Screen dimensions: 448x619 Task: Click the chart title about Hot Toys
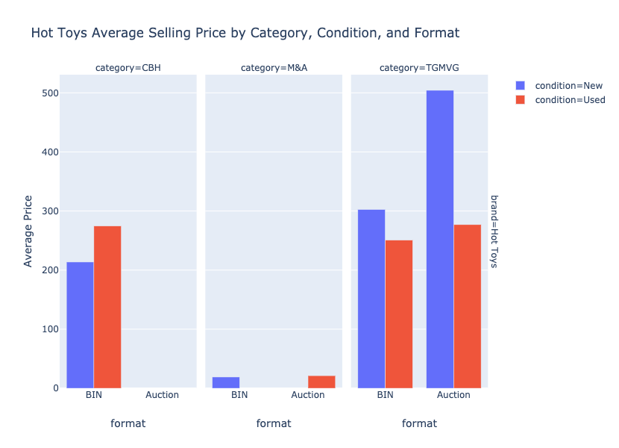245,33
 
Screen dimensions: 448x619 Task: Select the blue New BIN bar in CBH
80,325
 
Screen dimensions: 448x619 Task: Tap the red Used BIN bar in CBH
107,307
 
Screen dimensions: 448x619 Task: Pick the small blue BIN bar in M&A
226,382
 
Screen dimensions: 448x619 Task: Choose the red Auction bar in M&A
321,382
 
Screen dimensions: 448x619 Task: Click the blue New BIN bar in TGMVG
371,299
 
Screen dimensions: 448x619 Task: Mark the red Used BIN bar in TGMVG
399,314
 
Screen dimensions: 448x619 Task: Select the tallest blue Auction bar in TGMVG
440,239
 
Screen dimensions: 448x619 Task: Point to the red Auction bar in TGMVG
468,306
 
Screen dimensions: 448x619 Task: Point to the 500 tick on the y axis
50,93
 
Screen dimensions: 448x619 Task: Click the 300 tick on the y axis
50,211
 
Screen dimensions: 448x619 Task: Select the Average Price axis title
28,231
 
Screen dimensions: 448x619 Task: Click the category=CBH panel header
128,68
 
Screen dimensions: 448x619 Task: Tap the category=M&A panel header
274,68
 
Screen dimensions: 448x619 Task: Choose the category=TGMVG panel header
419,68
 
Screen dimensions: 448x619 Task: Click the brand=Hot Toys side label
494,231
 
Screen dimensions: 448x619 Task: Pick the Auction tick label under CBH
162,395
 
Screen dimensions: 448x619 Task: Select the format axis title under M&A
274,423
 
